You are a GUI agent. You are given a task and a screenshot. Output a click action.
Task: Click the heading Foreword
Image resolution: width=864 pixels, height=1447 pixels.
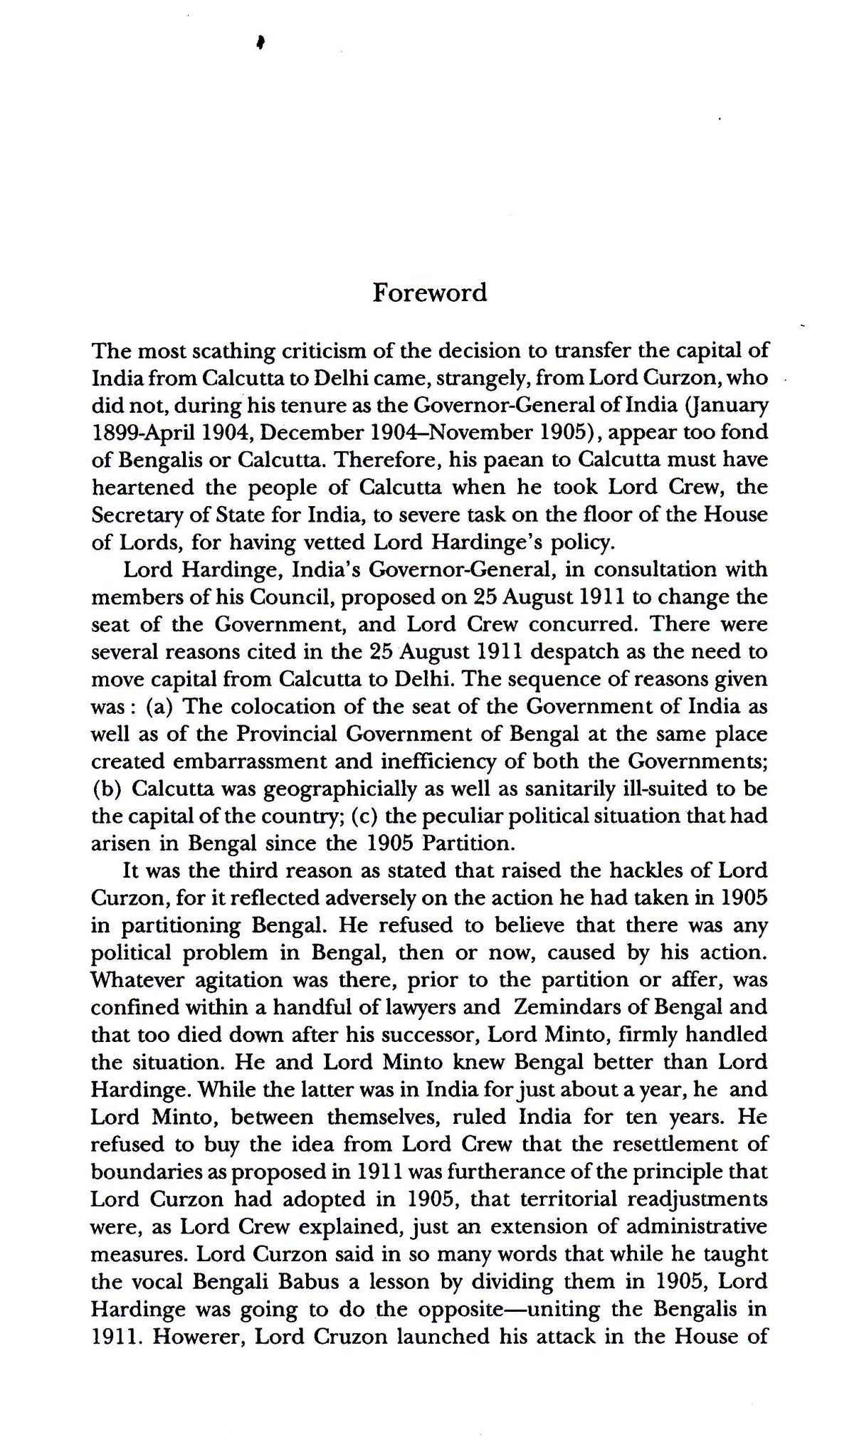pyautogui.click(x=430, y=293)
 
